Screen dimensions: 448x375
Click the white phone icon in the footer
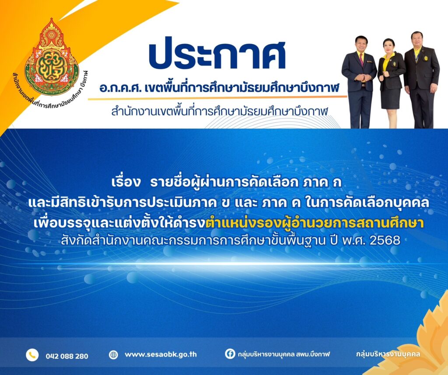[32, 355]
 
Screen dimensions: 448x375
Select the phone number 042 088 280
[67, 356]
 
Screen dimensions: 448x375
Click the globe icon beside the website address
[113, 355]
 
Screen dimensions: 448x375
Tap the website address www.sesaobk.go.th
[161, 355]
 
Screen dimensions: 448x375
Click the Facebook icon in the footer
[230, 354]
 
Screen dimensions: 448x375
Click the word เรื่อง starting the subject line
[126, 183]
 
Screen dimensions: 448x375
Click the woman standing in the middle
[391, 83]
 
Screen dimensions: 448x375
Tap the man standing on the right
[421, 80]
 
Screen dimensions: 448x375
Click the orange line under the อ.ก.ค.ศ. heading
[217, 98]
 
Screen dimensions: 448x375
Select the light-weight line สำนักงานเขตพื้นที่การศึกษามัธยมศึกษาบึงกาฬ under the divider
[220, 111]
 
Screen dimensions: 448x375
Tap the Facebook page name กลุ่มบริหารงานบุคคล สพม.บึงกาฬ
[283, 354]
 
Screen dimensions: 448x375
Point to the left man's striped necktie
[361, 59]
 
